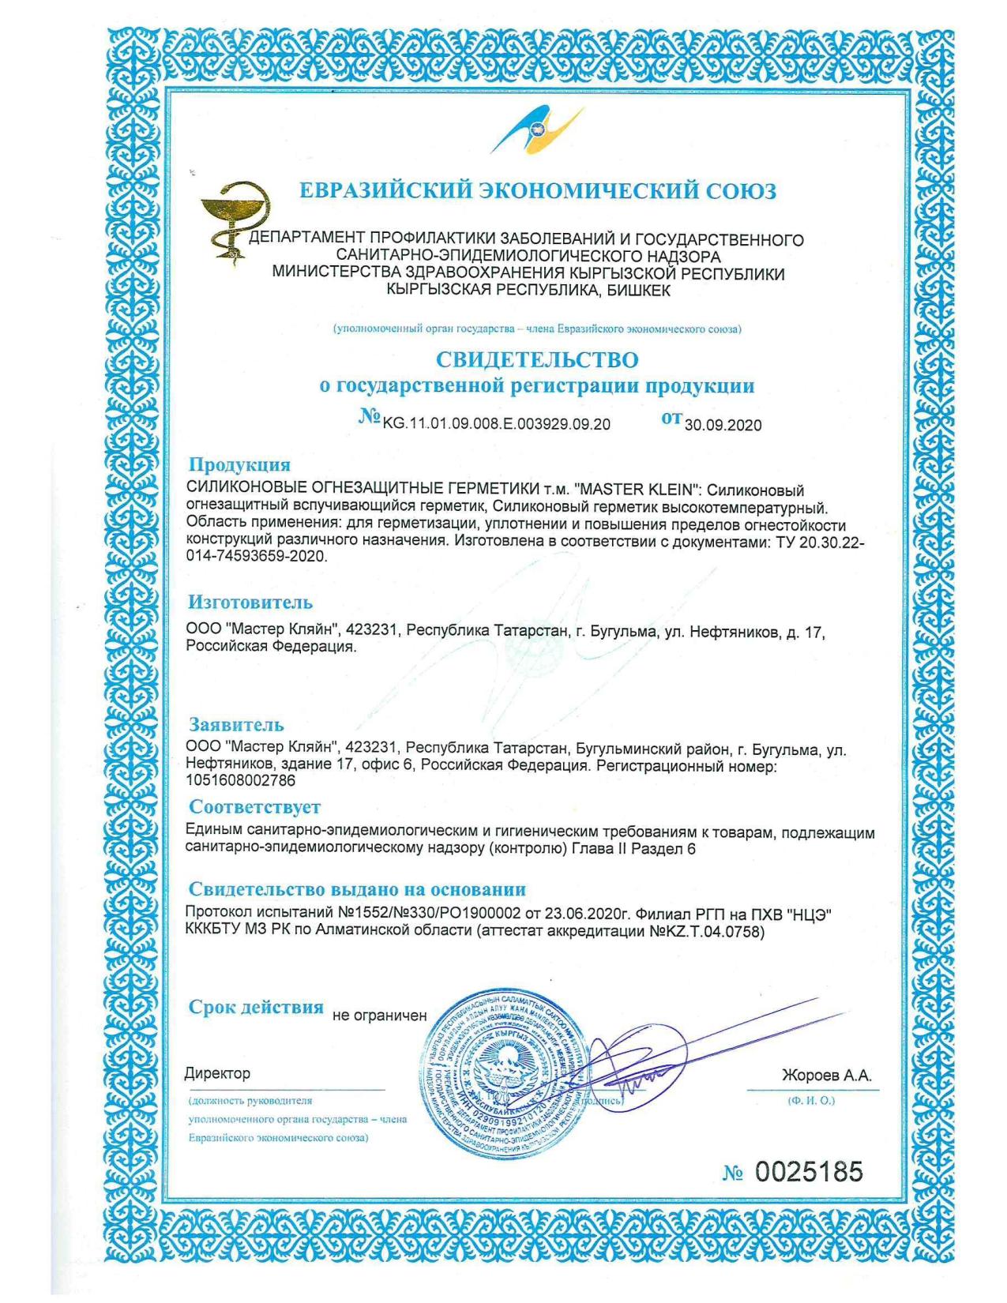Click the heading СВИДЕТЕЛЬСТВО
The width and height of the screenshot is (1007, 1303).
point(537,360)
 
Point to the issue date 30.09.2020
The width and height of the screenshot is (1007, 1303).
point(723,425)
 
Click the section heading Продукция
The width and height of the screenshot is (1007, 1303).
point(239,464)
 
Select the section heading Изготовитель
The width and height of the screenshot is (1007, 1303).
point(250,603)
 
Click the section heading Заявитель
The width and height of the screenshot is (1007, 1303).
point(235,724)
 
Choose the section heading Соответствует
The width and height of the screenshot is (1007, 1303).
point(254,807)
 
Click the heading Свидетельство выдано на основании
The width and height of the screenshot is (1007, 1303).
point(357,890)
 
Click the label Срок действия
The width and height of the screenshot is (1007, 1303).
point(256,1008)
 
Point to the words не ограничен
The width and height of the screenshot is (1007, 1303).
point(379,1016)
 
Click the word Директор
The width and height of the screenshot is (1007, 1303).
point(217,1073)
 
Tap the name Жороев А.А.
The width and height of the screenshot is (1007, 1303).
point(826,1076)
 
